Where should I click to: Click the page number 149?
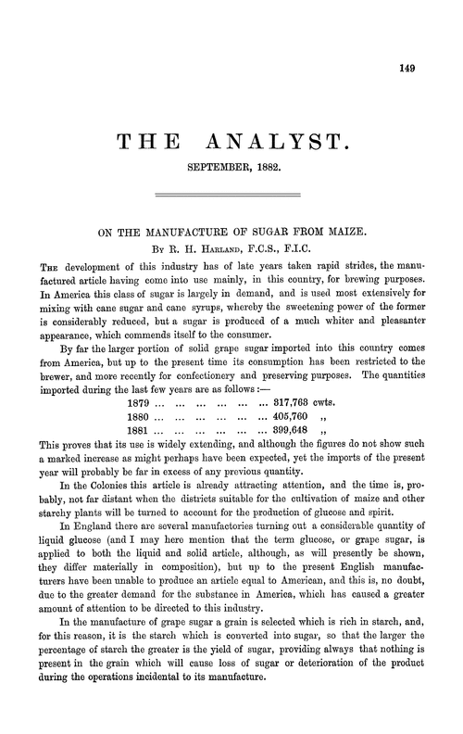[x=429, y=66]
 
